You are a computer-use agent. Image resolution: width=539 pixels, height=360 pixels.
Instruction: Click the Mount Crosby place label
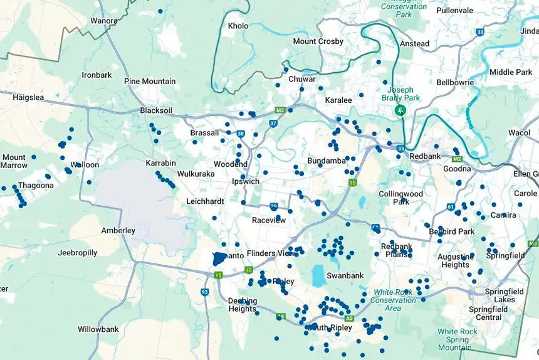point(318,41)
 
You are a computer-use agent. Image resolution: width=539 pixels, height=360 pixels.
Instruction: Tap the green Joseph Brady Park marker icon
point(400,110)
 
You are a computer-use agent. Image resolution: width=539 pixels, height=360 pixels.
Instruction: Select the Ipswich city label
point(246,181)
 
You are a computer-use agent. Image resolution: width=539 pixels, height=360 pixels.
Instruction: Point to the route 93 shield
point(204,292)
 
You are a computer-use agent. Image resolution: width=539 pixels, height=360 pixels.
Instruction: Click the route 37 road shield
point(273,124)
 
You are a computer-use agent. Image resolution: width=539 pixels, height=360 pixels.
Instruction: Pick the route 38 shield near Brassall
point(241,134)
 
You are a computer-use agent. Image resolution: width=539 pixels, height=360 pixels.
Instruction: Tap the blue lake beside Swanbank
point(319,275)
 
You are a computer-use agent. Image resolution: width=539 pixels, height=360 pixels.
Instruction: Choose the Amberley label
point(118,230)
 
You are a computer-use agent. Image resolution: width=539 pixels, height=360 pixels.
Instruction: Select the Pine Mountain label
point(150,82)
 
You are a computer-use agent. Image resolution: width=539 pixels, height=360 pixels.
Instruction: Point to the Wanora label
point(103,21)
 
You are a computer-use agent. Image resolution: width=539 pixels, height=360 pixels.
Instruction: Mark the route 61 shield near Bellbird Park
point(451,206)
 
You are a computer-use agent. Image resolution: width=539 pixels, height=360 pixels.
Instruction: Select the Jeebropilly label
point(77,253)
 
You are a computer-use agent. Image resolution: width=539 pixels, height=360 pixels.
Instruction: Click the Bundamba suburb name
point(326,161)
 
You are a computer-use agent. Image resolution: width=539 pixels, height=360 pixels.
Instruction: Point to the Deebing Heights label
point(242,304)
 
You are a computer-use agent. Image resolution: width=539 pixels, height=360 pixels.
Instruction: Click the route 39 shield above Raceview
point(274,206)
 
